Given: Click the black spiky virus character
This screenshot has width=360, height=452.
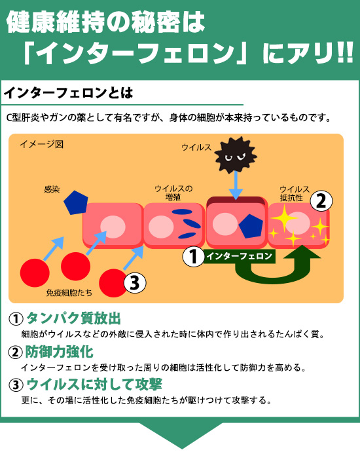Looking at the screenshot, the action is (x=236, y=155).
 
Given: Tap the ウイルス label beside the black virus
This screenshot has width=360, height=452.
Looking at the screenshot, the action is (x=196, y=147).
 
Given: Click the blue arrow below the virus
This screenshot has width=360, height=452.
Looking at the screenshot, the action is (x=236, y=185).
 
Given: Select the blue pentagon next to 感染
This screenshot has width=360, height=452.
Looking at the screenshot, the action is (x=76, y=202).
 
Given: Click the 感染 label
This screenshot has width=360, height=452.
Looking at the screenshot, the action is (x=52, y=189).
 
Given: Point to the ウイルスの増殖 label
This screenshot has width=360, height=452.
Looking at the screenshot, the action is (x=173, y=193).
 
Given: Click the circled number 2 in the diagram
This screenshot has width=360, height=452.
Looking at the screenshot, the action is (x=321, y=200).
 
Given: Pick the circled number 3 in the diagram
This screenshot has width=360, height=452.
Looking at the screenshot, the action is (x=135, y=282).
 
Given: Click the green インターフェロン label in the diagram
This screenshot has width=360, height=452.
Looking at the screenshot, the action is (x=240, y=256).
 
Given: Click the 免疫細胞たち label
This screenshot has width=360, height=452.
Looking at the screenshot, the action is (x=69, y=293).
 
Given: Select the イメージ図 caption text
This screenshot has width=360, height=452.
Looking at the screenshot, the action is (x=41, y=144).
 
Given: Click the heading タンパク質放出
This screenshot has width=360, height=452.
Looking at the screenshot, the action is (x=73, y=318).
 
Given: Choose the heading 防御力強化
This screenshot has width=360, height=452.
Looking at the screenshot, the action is (x=60, y=352).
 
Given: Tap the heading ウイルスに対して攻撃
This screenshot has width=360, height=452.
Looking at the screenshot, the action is (x=94, y=385).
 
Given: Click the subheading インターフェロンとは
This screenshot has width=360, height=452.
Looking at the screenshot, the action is (x=68, y=93).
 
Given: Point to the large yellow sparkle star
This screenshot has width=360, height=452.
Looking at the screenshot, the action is (x=285, y=218).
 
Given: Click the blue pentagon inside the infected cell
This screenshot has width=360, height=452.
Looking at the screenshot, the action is (x=251, y=226).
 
